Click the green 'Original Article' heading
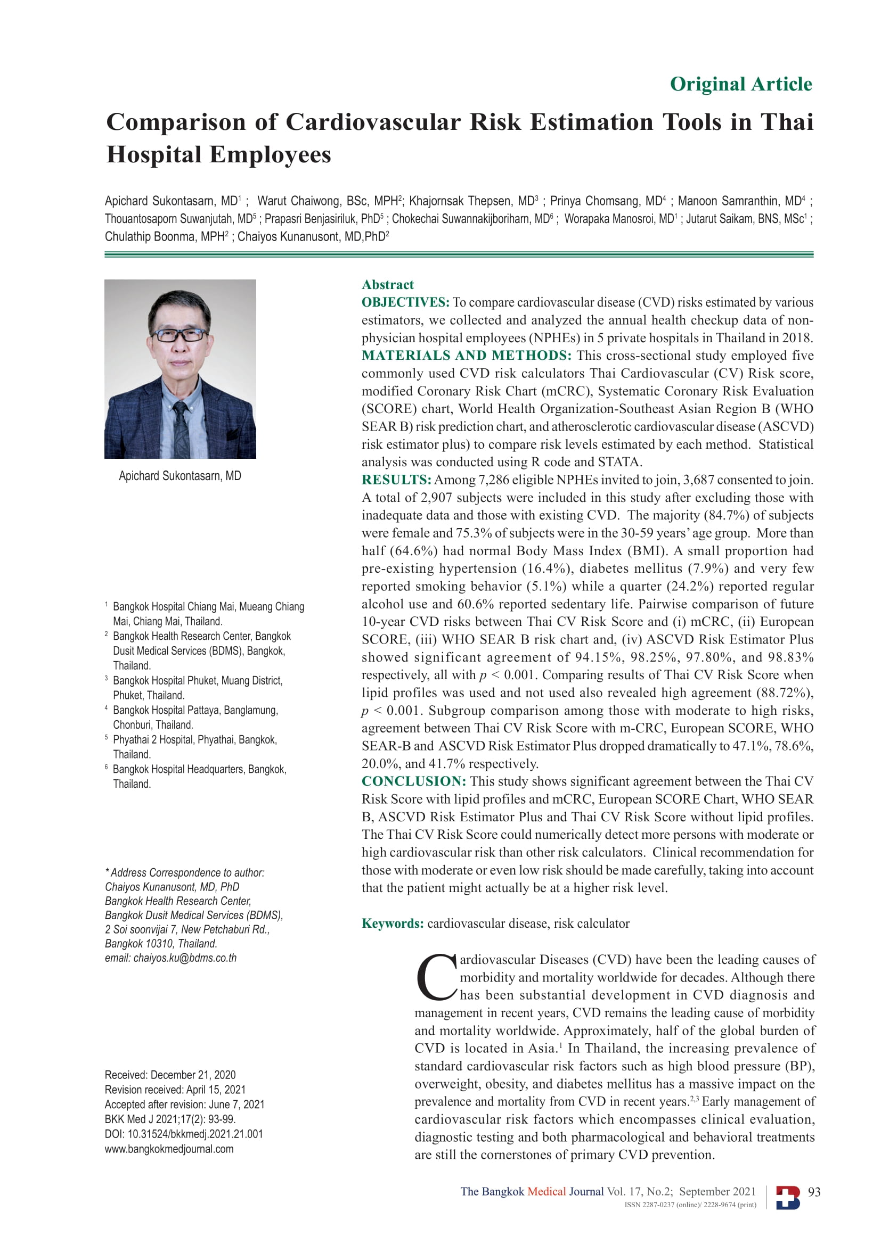point(740,84)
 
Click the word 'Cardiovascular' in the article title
point(373,122)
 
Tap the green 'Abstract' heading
point(387,285)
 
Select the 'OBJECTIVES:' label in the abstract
point(405,302)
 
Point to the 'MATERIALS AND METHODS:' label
point(467,356)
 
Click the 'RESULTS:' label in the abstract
point(396,480)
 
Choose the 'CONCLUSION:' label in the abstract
point(413,781)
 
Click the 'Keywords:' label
point(392,924)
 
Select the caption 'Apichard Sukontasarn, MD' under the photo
point(180,476)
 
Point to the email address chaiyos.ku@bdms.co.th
point(185,958)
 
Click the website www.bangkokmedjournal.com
point(169,1149)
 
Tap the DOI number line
point(183,1134)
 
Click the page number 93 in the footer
point(814,1192)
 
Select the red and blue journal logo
point(788,1197)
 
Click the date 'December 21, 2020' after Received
point(193,1075)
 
